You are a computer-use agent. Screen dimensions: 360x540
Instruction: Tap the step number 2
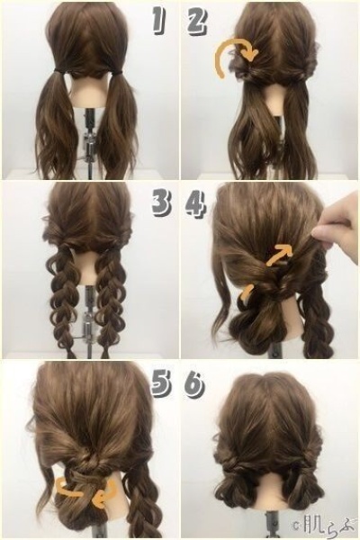pos(198,21)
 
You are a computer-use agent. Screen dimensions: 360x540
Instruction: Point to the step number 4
pos(196,205)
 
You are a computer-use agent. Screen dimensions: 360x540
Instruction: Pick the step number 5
pos(162,386)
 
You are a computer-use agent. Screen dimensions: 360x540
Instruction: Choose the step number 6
pos(195,387)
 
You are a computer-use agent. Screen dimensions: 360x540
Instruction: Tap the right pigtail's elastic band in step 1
pos(116,71)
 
